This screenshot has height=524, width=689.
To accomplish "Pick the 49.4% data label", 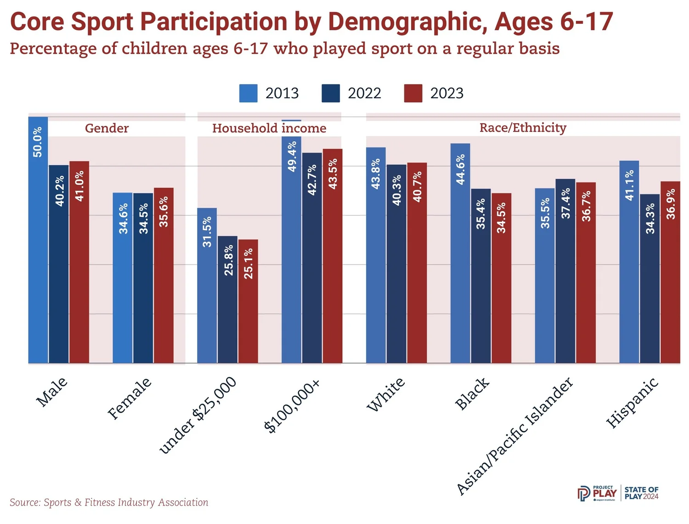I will coord(292,157).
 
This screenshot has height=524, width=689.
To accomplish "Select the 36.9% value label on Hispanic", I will coord(671,204).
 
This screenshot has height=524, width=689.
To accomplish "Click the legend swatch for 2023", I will coord(413,93).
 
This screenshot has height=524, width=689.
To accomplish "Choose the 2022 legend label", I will coord(364,93).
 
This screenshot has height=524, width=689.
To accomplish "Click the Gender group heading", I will coord(107,128).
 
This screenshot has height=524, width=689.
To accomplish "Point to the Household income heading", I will coord(269,128).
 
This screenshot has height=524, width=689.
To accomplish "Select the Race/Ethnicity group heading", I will coord(523,128).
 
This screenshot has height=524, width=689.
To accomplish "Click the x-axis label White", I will coord(386,394).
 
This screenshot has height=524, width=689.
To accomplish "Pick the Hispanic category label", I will coord(633,403).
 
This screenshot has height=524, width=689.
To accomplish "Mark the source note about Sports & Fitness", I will coord(109,502).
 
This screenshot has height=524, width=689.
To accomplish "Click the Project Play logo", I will coord(597,493).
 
